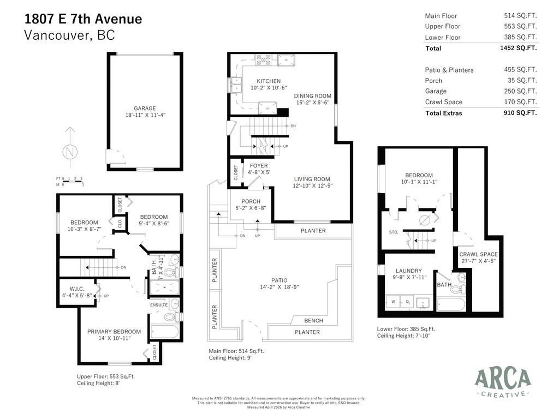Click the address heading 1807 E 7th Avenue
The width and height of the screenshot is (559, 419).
click(x=83, y=19)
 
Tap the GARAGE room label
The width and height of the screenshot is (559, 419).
click(x=145, y=108)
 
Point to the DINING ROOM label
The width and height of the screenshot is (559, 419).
click(x=313, y=96)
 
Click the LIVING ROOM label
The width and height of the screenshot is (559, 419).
click(x=312, y=179)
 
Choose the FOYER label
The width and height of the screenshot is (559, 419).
click(x=259, y=166)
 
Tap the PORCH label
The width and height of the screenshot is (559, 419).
click(x=251, y=201)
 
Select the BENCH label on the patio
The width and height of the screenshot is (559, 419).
click(x=313, y=321)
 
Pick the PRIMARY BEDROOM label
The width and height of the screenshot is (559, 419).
click(x=114, y=332)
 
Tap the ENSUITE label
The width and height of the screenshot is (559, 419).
click(x=159, y=305)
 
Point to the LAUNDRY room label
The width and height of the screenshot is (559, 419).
click(x=408, y=271)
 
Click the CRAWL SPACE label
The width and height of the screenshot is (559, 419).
click(x=478, y=254)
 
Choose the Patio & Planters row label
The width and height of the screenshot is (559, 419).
click(x=449, y=70)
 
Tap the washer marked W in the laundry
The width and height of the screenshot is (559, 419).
click(x=393, y=301)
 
